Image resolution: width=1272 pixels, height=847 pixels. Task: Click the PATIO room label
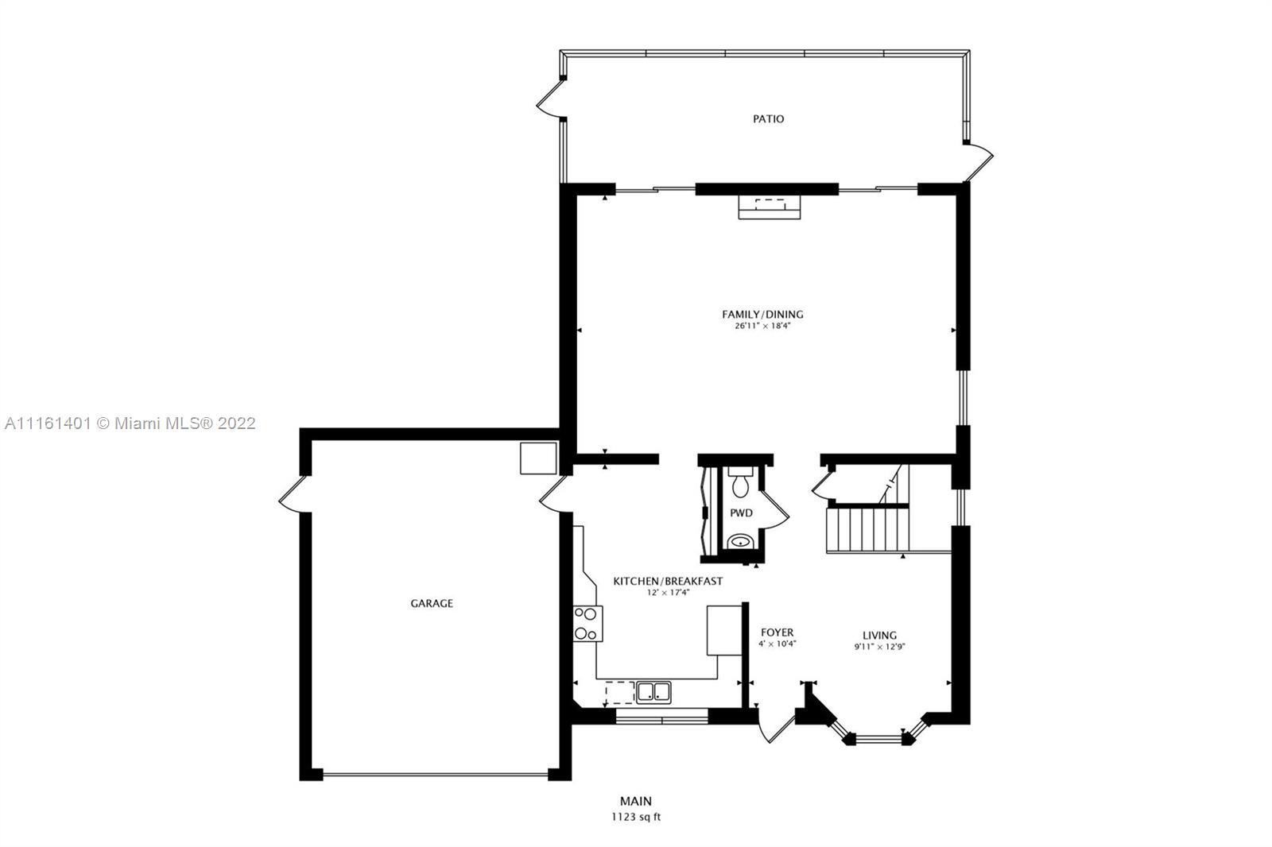768,118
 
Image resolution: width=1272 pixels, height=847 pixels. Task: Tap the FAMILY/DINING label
762,314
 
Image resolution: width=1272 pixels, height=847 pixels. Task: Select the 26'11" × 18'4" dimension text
762,326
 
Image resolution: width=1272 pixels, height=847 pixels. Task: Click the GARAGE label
432,603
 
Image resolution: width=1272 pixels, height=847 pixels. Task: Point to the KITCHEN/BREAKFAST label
668,582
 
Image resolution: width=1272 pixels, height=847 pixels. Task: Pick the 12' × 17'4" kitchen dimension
668,593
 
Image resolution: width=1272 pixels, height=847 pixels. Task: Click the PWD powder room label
741,512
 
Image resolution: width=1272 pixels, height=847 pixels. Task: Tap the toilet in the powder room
740,482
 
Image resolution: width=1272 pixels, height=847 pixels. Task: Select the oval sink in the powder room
740,542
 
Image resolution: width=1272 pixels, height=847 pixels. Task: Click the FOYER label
777,632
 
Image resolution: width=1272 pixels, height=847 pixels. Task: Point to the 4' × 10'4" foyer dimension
777,644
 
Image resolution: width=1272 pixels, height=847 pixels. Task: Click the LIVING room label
879,636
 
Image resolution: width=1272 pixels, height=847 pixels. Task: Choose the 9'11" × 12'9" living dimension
879,647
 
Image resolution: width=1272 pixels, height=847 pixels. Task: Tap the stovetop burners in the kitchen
588,623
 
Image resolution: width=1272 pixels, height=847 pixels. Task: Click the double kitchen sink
653,692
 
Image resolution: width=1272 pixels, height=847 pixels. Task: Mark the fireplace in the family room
770,207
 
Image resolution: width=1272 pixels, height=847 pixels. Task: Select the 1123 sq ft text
636,818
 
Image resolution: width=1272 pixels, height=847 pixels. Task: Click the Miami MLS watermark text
130,423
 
